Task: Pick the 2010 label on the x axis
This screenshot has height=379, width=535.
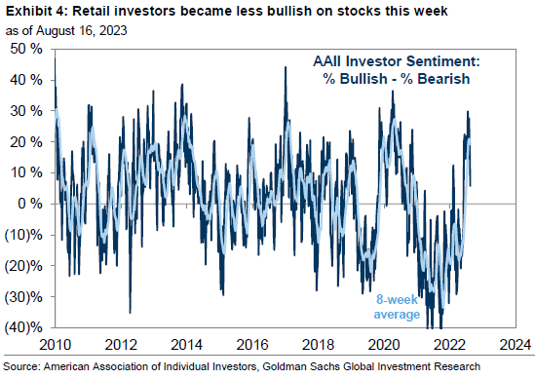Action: [x=55, y=344]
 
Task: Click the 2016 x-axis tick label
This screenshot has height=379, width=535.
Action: [x=251, y=344]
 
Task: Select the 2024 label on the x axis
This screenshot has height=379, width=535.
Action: [x=514, y=344]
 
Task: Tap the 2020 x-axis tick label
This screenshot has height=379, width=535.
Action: [x=383, y=344]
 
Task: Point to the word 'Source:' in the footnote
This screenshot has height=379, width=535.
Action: [x=23, y=367]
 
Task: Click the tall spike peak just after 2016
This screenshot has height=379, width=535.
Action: [x=286, y=67]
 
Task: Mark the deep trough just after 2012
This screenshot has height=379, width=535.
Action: [x=131, y=312]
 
